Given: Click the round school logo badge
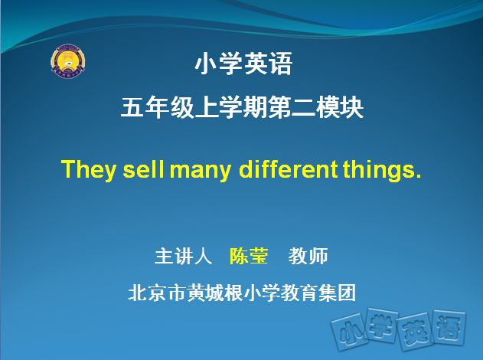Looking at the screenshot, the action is [68, 61].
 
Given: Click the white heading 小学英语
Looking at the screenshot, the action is [243, 64].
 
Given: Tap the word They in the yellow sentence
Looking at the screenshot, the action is [89, 170].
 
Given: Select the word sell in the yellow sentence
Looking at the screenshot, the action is [144, 169].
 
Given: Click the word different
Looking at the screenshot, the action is [289, 169].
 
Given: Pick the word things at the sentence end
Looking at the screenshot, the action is [382, 170].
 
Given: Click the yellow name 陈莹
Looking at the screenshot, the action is [249, 256].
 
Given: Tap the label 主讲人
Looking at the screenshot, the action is [183, 256].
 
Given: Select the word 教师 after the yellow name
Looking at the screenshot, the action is [308, 256].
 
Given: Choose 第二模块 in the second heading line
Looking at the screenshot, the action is [315, 107].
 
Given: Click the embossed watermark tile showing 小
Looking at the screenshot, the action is [349, 332].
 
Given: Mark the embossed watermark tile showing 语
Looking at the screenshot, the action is [449, 327].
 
